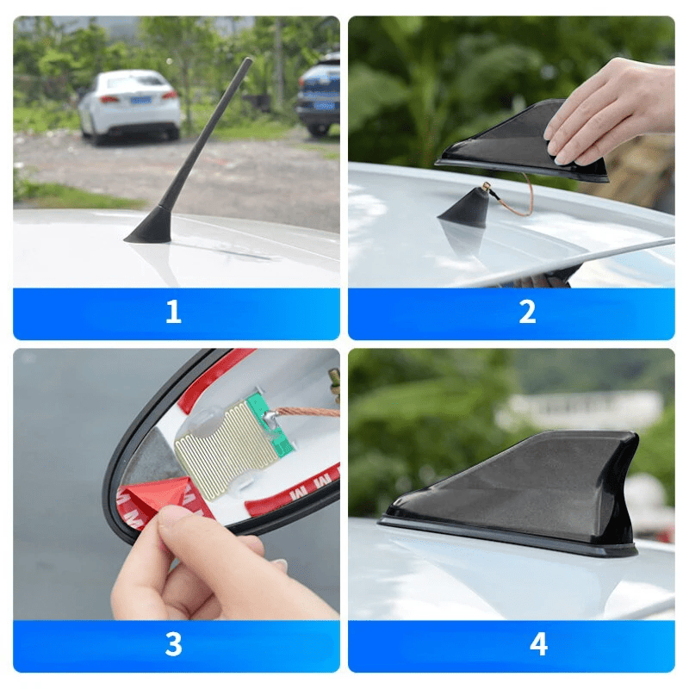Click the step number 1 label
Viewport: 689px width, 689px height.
click(x=174, y=312)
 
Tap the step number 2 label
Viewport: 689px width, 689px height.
click(x=527, y=312)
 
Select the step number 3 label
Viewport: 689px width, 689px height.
click(x=174, y=644)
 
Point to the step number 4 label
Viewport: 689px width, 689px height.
click(x=539, y=644)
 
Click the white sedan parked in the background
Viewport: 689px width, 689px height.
click(x=129, y=107)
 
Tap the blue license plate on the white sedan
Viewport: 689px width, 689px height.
click(x=140, y=101)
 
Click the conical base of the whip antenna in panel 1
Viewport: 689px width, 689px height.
click(x=150, y=227)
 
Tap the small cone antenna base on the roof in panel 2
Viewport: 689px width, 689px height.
click(x=467, y=208)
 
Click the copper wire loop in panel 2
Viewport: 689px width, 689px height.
click(x=515, y=199)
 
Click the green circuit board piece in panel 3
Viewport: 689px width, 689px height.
click(x=269, y=424)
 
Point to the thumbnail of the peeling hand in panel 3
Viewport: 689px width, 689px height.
click(x=175, y=515)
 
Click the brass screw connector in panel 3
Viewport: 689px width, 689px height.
click(x=334, y=382)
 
